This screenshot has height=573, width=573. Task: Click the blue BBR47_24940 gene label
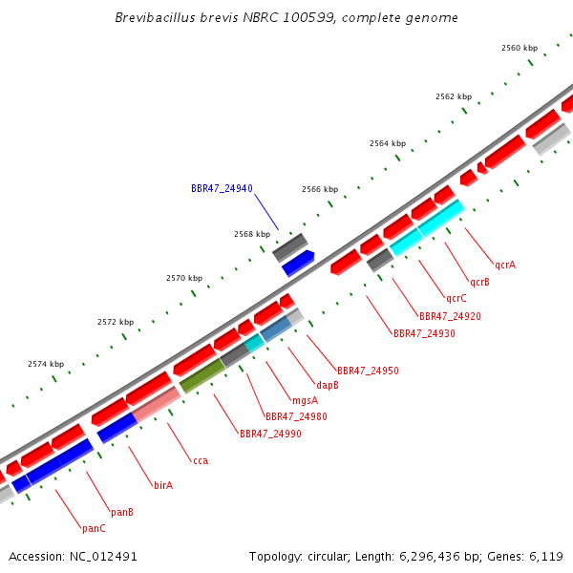pyautogui.click(x=222, y=188)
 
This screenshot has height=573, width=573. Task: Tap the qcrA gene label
pyautogui.click(x=505, y=265)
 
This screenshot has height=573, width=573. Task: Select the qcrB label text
pyautogui.click(x=479, y=282)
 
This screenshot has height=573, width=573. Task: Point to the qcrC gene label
pyautogui.click(x=456, y=299)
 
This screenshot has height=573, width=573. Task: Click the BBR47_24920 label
pyautogui.click(x=450, y=316)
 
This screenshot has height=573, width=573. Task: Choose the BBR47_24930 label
pyautogui.click(x=424, y=333)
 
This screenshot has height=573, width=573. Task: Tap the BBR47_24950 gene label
pyautogui.click(x=368, y=371)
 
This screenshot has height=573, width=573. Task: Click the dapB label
pyautogui.click(x=328, y=385)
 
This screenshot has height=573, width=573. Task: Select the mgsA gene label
pyautogui.click(x=306, y=401)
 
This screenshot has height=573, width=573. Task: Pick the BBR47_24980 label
pyautogui.click(x=296, y=416)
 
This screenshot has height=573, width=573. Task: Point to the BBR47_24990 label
pyautogui.click(x=270, y=434)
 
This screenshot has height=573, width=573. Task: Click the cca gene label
pyautogui.click(x=201, y=461)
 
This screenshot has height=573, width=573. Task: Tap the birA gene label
pyautogui.click(x=163, y=485)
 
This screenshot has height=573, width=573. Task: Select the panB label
pyautogui.click(x=122, y=512)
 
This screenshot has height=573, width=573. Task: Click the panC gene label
pyautogui.click(x=94, y=528)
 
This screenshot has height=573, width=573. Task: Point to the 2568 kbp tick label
pyautogui.click(x=252, y=234)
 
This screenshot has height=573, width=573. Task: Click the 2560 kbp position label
pyautogui.click(x=520, y=48)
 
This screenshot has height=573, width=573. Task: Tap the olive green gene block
pyautogui.click(x=202, y=375)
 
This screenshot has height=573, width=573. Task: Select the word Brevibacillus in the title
pyautogui.click(x=156, y=17)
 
